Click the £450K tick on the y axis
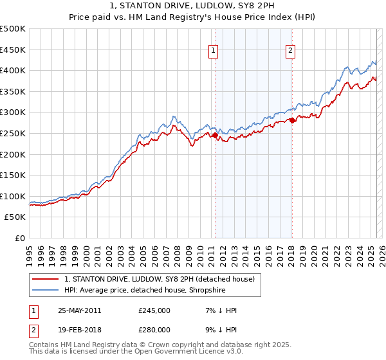pos(13,50)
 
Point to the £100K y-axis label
pos(13,196)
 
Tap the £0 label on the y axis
pos(21,238)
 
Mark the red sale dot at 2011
pos(215,135)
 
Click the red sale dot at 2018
pos(291,120)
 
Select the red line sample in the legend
pos(46,279)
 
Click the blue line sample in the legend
pos(46,290)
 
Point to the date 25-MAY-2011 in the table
pos(79,310)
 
